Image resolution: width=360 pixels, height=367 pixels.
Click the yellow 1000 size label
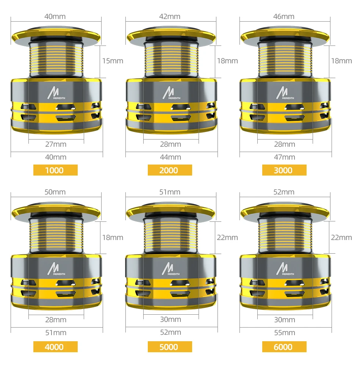pos(55,170)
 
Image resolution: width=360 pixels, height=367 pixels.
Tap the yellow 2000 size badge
pos(170,170)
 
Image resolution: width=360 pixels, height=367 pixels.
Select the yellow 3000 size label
pos(284,170)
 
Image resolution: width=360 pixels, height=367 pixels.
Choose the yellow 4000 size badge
pos(55,347)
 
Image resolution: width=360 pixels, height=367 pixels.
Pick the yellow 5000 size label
pos(170,347)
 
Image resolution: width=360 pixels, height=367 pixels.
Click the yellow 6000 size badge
pos(284,347)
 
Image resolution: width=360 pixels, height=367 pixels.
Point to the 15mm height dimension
pos(113,61)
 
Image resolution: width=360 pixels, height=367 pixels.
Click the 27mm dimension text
pos(56,144)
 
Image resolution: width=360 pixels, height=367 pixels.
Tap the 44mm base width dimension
pos(171,157)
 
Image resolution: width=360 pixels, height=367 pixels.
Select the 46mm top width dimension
pos(284,16)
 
